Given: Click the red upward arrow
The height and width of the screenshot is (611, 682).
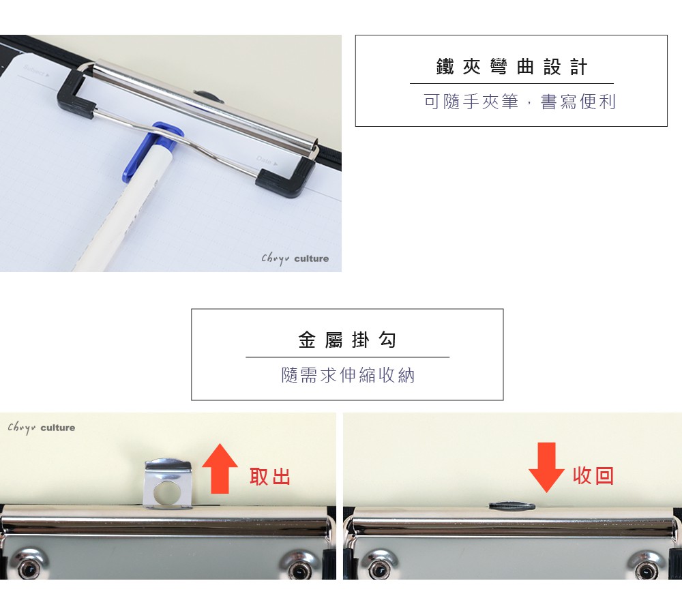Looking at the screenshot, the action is [220, 468].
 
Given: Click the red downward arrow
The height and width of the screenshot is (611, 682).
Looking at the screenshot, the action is [546, 467].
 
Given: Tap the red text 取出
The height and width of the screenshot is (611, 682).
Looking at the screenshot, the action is [269, 477].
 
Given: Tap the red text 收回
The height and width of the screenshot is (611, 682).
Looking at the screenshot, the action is [593, 476].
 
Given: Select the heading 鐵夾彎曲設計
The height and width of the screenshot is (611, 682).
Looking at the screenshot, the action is [512, 67].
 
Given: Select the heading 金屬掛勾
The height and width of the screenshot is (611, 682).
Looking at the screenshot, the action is [347, 340].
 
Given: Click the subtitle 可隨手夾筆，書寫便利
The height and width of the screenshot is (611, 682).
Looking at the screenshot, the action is [520, 102].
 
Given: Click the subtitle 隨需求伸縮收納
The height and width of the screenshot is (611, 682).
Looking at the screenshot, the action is [348, 375].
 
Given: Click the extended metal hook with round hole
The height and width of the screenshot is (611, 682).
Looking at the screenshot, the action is [168, 483].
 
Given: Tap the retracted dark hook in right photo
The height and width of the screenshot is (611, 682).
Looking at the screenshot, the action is [512, 506].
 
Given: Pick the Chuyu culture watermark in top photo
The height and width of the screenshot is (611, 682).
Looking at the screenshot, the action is [295, 258].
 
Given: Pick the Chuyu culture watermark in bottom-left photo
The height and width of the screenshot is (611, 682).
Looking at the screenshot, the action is [42, 428].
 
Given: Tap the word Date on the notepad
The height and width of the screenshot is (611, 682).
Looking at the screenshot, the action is [264, 160].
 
